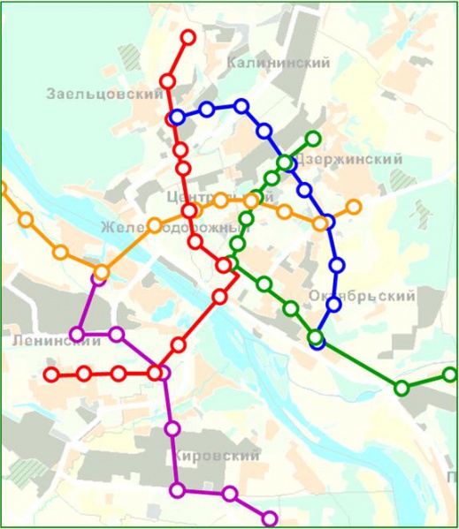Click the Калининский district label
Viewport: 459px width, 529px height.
tap(278, 63)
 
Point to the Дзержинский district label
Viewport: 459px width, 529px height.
tap(350, 160)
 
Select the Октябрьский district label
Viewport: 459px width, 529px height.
tap(363, 297)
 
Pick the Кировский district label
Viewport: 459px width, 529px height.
tap(217, 457)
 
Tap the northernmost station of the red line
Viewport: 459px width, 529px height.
tap(188, 37)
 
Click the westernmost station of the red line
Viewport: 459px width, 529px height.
tap(51, 374)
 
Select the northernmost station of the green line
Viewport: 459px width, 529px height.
tap(312, 139)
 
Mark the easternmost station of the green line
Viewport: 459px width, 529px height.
tap(450, 375)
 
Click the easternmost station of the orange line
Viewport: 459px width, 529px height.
tap(354, 208)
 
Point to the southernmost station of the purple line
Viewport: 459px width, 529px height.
tap(270, 518)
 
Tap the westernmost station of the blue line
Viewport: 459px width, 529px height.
tap(177, 117)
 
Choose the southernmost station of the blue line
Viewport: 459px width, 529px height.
tap(317, 341)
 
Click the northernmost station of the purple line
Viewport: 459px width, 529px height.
tap(98, 279)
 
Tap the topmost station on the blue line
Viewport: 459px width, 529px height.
tap(241, 106)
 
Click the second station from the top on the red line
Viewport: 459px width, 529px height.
tap(167, 81)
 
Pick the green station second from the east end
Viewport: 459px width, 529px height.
tap(402, 388)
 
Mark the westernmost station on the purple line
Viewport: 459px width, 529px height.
tap(78, 335)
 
